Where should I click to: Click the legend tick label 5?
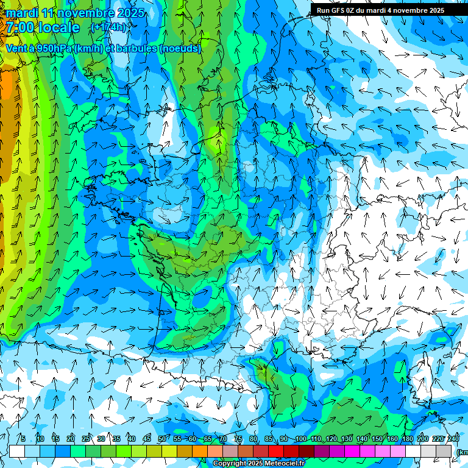(x=23, y=439)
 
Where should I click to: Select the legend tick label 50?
(x=161, y=439)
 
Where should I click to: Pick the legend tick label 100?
(x=300, y=439)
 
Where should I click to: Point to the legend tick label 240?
(x=453, y=439)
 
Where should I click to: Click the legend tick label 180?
(x=407, y=439)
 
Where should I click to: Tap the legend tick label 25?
(x=85, y=439)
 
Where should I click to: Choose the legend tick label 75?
(x=238, y=439)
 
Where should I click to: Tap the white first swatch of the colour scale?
(x=17, y=451)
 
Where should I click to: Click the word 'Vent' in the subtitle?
(x=16, y=48)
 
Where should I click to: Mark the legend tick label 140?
(x=361, y=439)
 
